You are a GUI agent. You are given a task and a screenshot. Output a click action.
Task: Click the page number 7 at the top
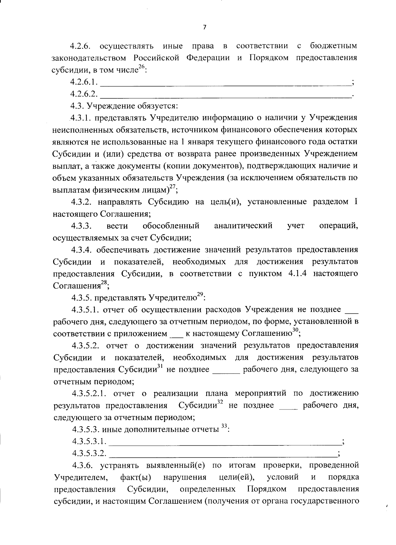pyautogui.click(x=204, y=28)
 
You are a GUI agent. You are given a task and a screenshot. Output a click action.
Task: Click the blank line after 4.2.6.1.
pyautogui.click(x=225, y=82)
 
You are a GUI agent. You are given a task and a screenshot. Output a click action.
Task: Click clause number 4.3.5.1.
pyautogui.click(x=85, y=310)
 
